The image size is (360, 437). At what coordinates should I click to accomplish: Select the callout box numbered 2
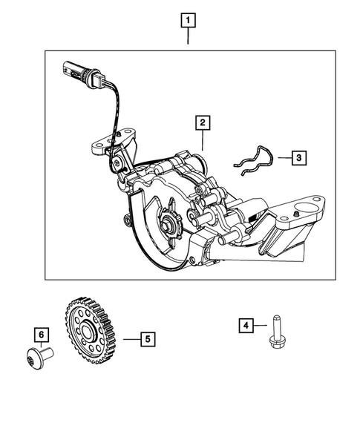click(201, 122)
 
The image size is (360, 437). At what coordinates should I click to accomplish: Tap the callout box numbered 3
click(297, 157)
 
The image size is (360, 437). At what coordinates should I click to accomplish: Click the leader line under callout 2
click(201, 140)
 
